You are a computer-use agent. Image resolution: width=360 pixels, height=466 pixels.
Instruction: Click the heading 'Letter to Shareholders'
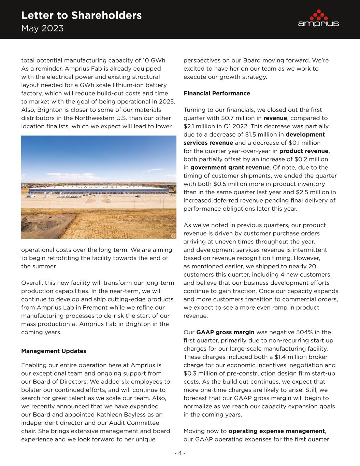point(81,15)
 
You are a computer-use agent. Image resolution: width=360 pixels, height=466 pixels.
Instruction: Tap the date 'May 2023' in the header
point(42,28)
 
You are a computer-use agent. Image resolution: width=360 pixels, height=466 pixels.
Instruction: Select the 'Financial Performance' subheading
point(217,93)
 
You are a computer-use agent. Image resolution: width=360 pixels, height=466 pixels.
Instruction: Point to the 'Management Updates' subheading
point(54,351)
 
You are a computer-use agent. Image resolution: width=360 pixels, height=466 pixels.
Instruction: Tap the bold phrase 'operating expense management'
point(276,431)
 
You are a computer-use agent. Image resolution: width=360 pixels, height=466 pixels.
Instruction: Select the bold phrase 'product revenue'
point(304,151)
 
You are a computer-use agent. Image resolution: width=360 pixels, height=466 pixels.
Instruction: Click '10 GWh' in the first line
point(155,60)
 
